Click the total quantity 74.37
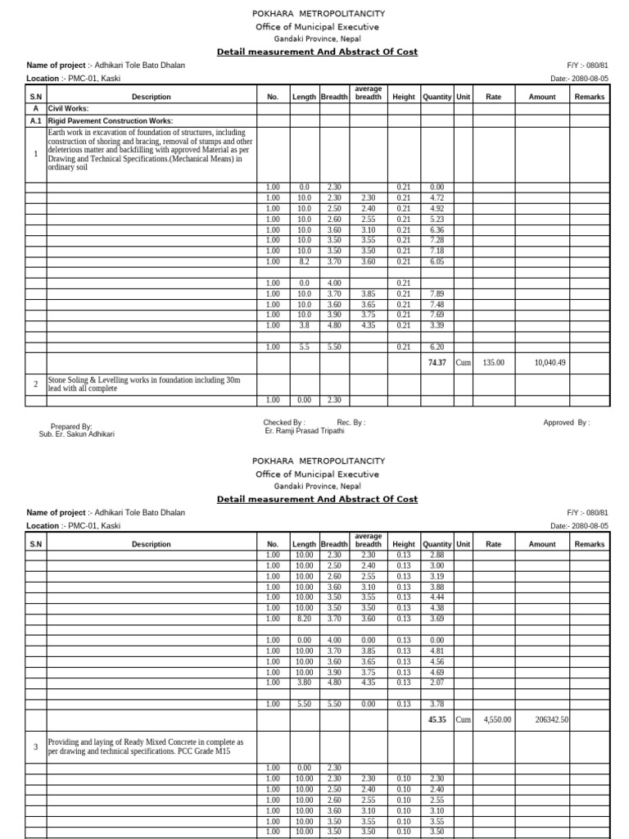tap(437, 361)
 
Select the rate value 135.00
tap(494, 361)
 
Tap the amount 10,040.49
tap(549, 361)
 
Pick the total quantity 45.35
tap(437, 719)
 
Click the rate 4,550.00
tap(496, 719)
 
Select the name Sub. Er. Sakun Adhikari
tap(77, 434)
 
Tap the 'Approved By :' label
tap(566, 423)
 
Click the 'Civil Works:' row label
tap(69, 108)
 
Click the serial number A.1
tap(35, 120)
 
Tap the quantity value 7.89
tap(437, 293)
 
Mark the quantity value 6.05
tap(437, 261)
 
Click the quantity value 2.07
tap(437, 683)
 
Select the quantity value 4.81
tap(437, 651)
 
